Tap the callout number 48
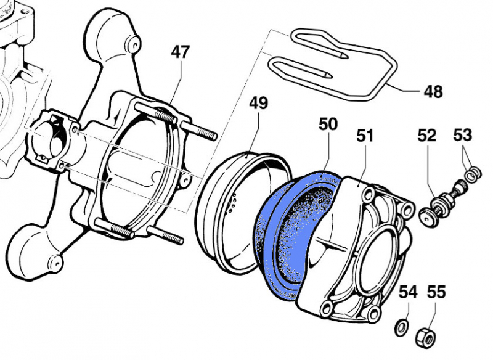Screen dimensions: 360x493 pyautogui.click(x=433, y=92)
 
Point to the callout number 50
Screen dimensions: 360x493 pyautogui.click(x=328, y=124)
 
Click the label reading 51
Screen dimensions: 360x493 pyautogui.click(x=365, y=135)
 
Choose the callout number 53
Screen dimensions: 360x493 pyautogui.click(x=463, y=135)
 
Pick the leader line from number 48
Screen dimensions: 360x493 pyautogui.click(x=401, y=89)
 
